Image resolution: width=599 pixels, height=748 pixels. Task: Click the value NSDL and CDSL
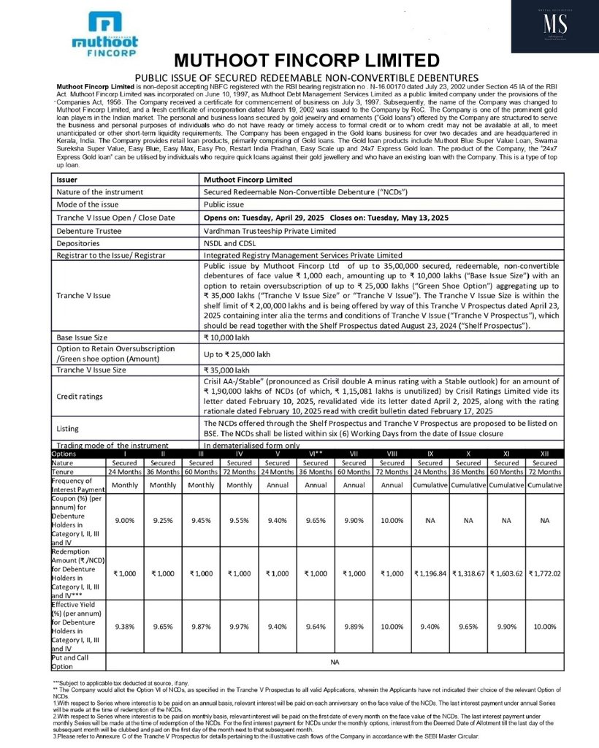click(231, 243)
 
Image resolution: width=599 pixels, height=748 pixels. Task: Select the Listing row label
click(68, 428)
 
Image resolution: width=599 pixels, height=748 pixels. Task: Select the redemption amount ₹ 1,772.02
click(545, 573)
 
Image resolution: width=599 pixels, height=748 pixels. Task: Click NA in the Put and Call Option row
click(335, 663)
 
